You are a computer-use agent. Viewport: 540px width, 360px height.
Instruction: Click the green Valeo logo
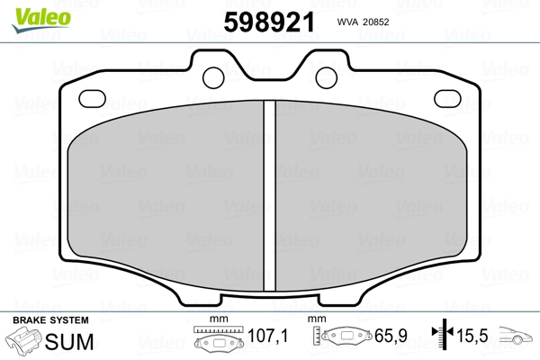(41, 20)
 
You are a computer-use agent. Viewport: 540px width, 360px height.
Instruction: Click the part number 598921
(269, 22)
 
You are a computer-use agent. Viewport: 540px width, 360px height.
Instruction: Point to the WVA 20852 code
(363, 22)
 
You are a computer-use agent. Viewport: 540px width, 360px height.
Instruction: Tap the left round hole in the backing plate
(213, 77)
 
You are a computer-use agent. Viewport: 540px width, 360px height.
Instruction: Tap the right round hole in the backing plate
(326, 77)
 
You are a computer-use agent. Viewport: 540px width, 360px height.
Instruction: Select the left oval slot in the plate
(92, 98)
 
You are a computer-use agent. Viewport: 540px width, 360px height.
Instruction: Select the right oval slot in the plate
(447, 98)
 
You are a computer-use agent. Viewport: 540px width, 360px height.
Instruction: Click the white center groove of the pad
(270, 195)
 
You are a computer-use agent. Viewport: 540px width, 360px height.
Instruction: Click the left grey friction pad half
(166, 195)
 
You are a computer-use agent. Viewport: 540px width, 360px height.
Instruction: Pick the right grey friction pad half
(371, 195)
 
